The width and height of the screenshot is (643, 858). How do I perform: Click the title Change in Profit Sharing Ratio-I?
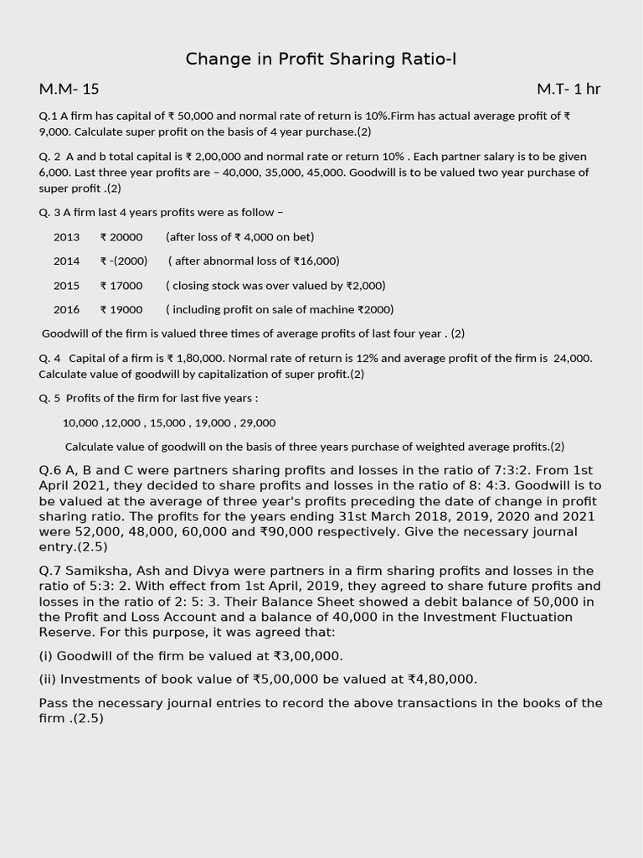pos(321,59)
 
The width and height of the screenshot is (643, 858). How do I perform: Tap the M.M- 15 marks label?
pos(69,89)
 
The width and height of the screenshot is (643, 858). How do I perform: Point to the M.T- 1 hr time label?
pos(568,89)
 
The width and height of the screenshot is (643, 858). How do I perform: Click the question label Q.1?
pos(48,116)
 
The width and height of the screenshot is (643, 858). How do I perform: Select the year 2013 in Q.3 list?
pos(66,237)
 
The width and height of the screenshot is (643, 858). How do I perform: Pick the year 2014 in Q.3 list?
pos(66,261)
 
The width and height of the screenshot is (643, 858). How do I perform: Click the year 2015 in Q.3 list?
pos(66,286)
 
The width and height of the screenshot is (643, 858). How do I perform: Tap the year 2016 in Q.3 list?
pos(66,310)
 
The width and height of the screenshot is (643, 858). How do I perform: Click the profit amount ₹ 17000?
pos(121,286)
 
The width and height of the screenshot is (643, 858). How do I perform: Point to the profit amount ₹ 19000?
pos(121,310)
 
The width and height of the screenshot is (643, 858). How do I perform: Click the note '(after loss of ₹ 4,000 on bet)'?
pos(240,237)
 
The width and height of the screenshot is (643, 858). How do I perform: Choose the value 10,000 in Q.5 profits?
pos(80,423)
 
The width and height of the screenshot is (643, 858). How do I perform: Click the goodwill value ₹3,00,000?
pos(306,656)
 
